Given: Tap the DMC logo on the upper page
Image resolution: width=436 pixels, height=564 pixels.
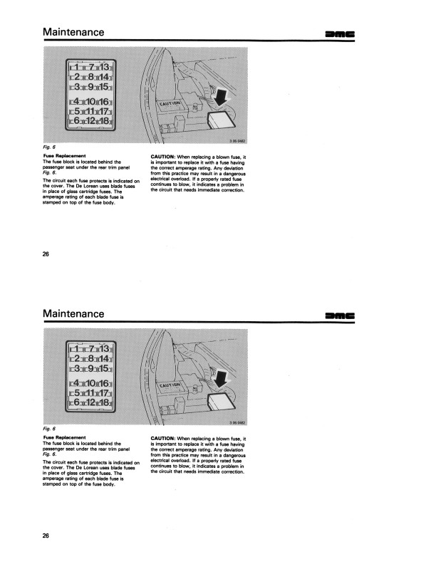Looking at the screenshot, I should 341,34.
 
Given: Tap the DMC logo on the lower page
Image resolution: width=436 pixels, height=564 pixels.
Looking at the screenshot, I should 341,315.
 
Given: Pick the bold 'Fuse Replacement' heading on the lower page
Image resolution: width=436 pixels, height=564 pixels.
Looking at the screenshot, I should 64,437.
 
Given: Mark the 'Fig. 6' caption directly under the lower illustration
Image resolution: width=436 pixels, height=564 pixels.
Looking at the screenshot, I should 50,428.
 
